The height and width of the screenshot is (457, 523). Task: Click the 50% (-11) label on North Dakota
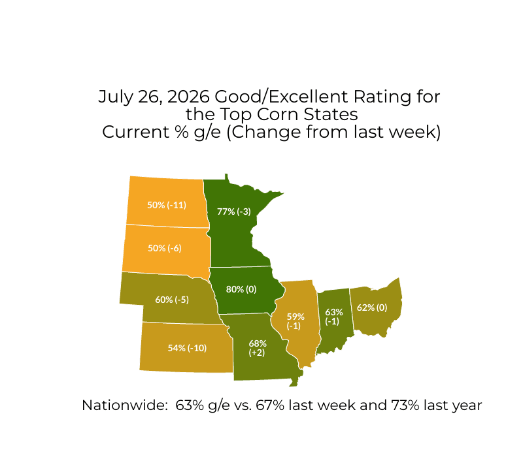167,205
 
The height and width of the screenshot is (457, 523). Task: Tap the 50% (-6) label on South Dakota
165,248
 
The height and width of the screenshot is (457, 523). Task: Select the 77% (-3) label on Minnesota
234,212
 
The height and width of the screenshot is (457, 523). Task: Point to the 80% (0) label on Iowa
241,289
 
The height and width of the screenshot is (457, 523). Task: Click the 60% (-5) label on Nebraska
172,300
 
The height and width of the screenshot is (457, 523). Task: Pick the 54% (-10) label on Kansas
187,348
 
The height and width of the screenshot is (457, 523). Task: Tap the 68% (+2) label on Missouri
258,348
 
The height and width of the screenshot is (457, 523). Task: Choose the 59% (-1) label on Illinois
295,321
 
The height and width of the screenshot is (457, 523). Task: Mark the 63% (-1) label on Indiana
333,317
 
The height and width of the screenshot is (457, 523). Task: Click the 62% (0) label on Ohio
372,307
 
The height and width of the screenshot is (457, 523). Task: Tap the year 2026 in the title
188,97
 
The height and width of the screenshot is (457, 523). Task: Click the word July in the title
116,97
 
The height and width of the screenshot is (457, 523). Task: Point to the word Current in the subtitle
136,132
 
